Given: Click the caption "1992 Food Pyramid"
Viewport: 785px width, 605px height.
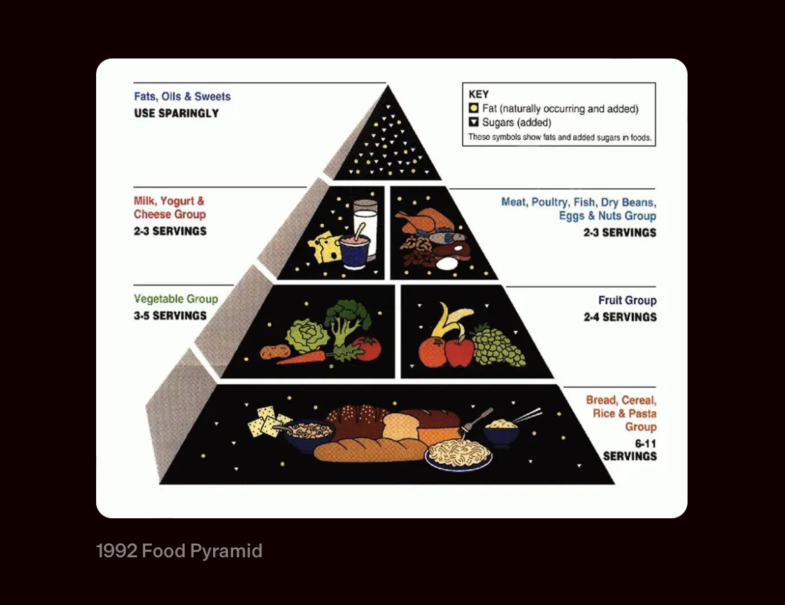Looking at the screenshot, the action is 179,552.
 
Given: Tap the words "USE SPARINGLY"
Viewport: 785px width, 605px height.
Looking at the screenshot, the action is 176,113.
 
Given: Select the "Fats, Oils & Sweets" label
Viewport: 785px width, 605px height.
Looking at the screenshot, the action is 182,97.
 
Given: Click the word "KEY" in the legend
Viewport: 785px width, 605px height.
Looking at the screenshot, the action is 479,95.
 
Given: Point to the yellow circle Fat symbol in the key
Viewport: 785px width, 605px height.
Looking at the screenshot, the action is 473,108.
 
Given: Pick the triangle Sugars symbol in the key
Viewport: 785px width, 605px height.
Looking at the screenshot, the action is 473,122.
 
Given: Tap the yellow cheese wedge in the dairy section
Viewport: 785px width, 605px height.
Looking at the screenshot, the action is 325,247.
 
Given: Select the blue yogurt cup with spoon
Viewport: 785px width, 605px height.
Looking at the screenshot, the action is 354,251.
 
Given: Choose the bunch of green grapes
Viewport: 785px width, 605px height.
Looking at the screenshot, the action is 497,346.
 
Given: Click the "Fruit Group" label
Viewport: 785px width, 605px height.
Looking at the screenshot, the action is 627,300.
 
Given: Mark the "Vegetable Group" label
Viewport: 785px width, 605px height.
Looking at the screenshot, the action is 176,299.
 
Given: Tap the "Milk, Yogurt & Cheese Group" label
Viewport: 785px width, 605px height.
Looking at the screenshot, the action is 169,208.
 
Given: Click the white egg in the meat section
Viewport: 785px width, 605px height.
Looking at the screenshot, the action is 445,264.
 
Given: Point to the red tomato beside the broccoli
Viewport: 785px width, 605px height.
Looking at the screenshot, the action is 367,348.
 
